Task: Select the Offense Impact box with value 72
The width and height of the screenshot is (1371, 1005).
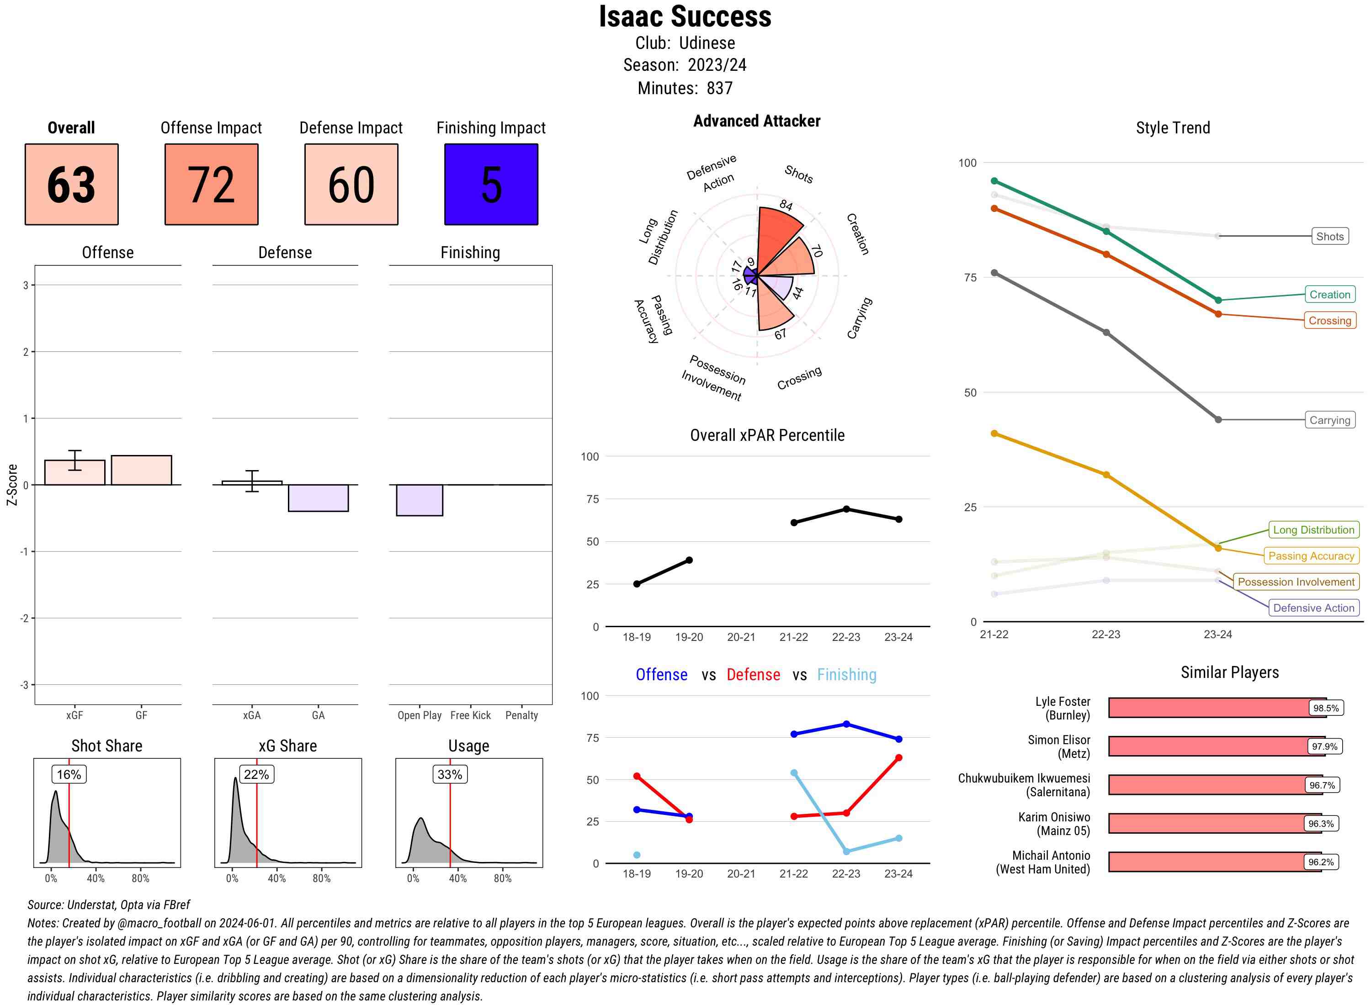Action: click(211, 185)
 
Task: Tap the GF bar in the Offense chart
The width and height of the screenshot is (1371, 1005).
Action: click(141, 470)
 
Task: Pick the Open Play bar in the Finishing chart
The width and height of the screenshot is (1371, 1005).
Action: click(419, 500)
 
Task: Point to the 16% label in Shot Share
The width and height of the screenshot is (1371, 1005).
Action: click(69, 774)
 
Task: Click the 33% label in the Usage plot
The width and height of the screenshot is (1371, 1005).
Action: click(450, 774)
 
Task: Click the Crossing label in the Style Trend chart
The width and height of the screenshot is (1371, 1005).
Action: click(1329, 321)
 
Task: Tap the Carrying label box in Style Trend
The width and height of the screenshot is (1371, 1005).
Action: click(1329, 420)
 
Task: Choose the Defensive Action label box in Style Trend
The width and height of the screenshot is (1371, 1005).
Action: click(1313, 608)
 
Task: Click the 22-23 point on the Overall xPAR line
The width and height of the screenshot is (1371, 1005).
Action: click(846, 508)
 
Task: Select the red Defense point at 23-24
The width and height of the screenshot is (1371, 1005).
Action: click(898, 758)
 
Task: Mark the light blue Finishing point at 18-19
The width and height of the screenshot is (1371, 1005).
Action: click(637, 855)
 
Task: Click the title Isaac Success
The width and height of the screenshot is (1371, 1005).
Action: click(685, 16)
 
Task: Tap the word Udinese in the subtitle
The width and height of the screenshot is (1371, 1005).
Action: click(707, 43)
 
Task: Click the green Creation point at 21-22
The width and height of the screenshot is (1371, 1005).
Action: click(994, 181)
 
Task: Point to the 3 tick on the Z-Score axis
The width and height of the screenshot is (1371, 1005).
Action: click(26, 285)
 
